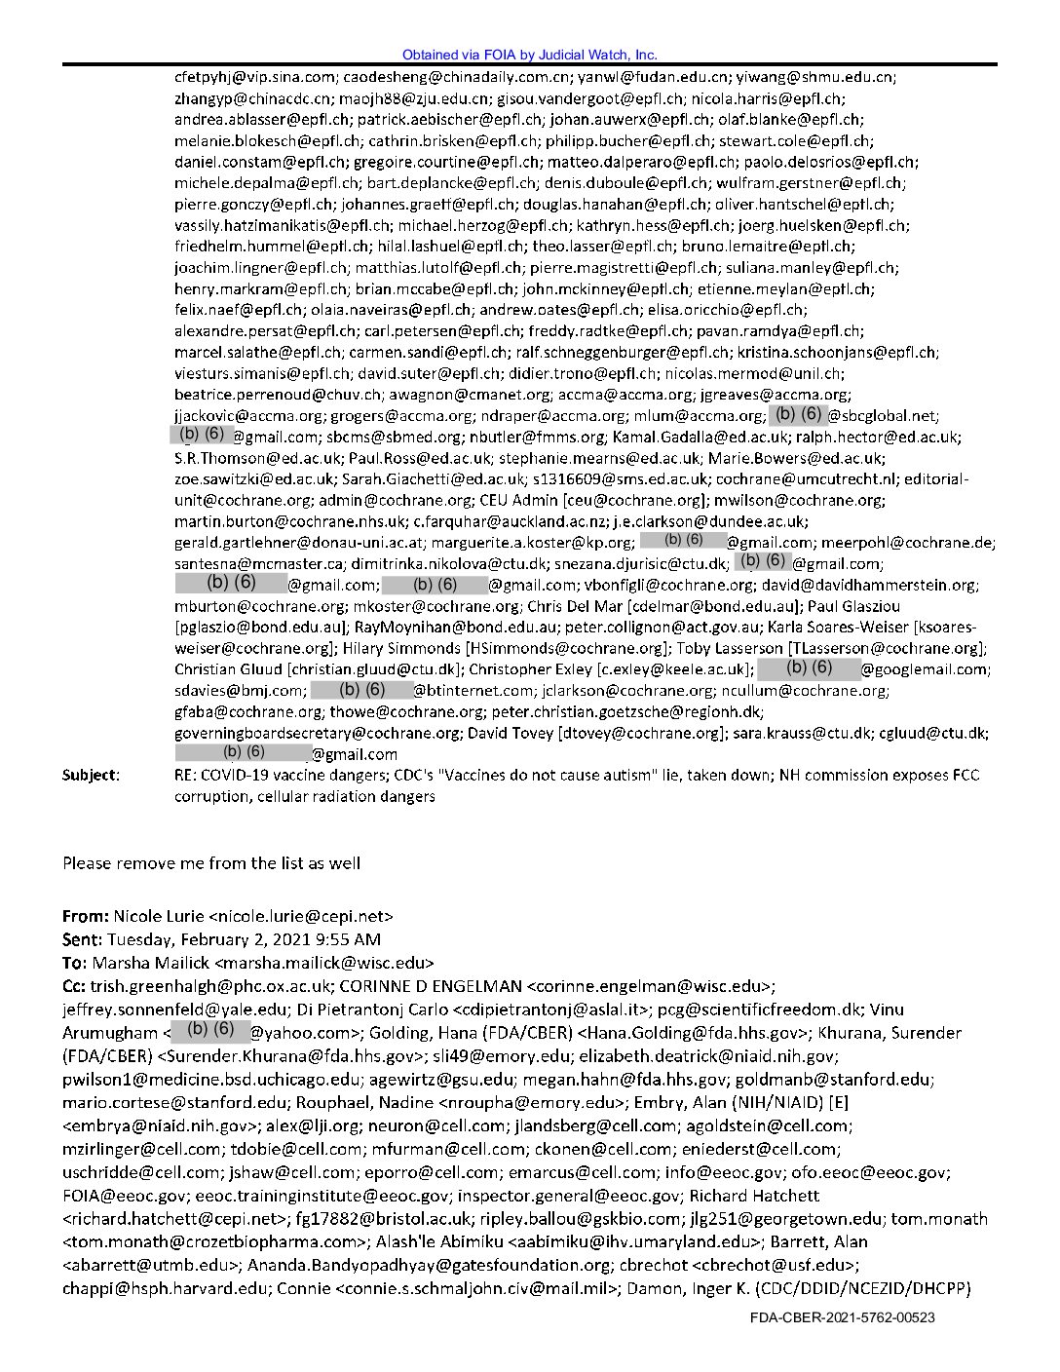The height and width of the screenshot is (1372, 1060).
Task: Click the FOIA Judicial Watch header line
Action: click(x=529, y=56)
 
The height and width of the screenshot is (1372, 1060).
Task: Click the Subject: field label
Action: click(x=92, y=776)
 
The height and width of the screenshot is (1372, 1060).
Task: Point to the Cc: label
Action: click(x=75, y=986)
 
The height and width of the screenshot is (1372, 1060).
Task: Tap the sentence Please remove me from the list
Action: click(x=211, y=862)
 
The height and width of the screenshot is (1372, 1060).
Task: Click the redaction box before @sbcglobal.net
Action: click(x=798, y=414)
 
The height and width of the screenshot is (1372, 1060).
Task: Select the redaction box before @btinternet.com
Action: click(x=361, y=690)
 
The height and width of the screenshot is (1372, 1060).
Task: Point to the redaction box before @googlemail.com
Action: click(x=809, y=667)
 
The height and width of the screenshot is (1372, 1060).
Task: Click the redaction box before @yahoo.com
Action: click(x=209, y=1028)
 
